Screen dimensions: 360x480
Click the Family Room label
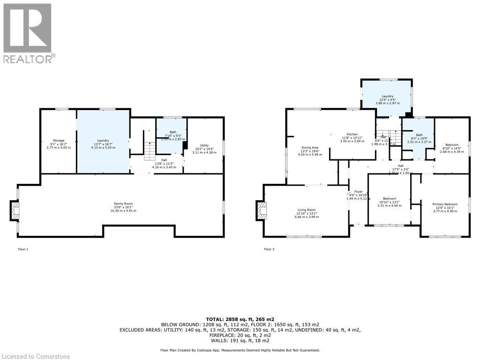123,204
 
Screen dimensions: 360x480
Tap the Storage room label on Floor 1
59,141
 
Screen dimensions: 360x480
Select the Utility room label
204,145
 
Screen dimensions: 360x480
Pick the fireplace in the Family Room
15,211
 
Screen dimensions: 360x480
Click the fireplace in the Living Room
261,210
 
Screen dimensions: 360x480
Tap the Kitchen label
352,134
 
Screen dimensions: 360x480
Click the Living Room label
306,210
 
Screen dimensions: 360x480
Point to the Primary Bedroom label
445,204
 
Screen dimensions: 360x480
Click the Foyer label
358,191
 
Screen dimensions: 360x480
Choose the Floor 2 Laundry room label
387,96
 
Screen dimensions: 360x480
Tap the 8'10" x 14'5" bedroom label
452,145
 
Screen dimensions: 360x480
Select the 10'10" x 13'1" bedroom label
389,199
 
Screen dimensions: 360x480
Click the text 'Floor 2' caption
269,249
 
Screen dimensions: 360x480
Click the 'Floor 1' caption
23,249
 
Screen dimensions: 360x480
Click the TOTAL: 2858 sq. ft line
240,319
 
